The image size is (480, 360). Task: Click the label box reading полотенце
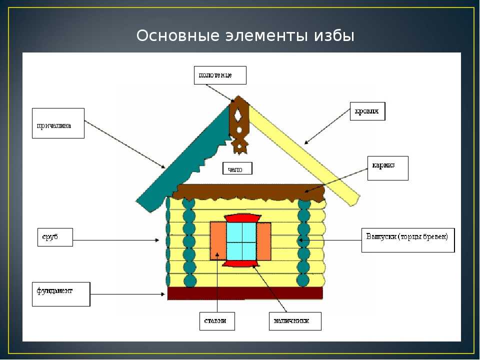click(220, 75)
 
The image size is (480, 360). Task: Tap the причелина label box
click(58, 123)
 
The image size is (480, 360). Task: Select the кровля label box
click(367, 111)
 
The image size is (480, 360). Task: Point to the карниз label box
click(388, 168)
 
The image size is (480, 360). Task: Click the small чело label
click(237, 168)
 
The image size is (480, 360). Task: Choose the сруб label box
click(55, 237)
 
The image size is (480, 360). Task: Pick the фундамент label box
click(61, 294)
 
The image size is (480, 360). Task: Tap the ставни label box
click(217, 321)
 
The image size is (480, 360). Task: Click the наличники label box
click(295, 321)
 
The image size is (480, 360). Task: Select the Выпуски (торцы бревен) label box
click(408, 240)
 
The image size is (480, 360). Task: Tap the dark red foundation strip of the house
click(245, 293)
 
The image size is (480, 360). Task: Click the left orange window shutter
click(218, 241)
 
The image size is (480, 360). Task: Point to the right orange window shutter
click(263, 241)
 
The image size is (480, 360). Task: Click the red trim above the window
click(242, 218)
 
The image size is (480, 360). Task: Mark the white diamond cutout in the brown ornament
click(238, 116)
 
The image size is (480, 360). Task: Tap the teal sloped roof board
click(183, 159)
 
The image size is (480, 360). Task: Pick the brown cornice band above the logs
click(248, 192)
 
